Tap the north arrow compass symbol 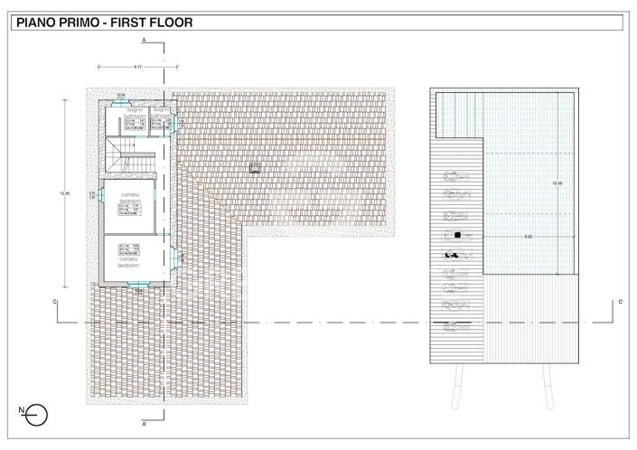pos(34,415)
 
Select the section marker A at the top pos(144,42)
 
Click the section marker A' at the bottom pos(144,423)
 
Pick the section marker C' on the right pos(620,301)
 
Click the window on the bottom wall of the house pos(135,284)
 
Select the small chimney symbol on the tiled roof pos(255,166)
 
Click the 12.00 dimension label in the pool pos(557,183)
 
